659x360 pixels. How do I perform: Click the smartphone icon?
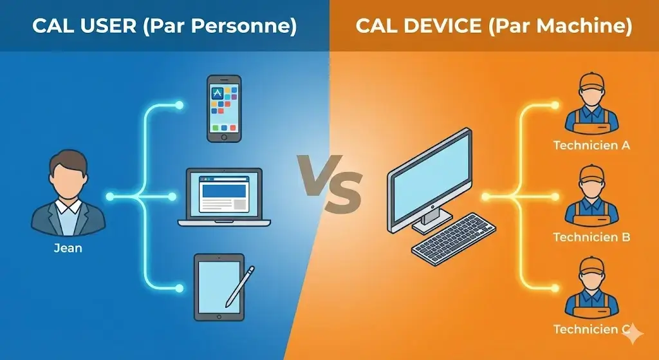[x=224, y=108]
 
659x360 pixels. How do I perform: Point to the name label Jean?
[x=68, y=247]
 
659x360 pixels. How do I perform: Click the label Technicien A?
[x=591, y=146]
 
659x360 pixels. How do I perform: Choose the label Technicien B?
[x=591, y=238]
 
